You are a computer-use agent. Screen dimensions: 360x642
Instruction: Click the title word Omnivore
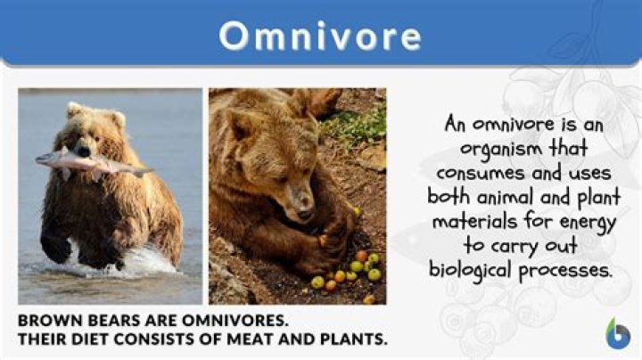(320, 36)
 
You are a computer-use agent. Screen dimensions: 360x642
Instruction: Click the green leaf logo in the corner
(617, 333)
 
